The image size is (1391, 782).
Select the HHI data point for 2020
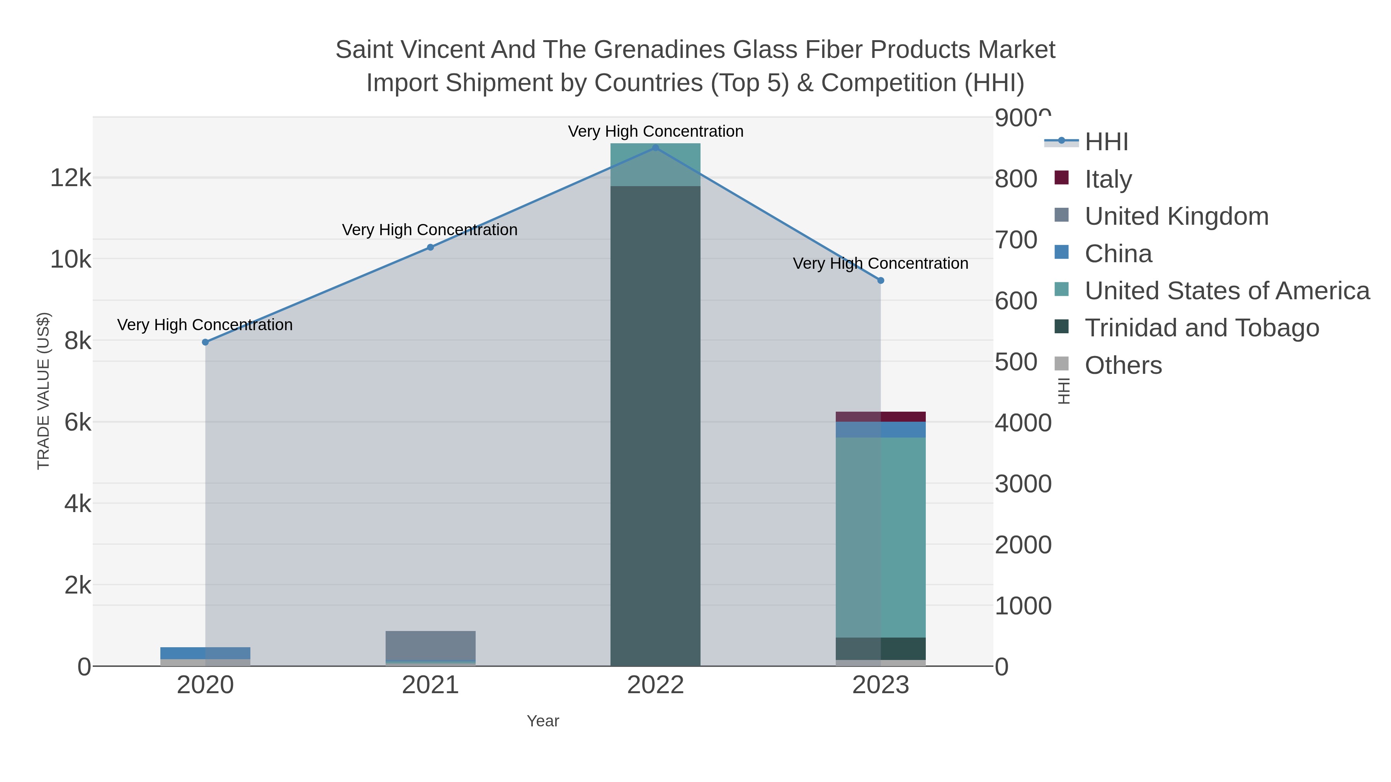[x=205, y=342]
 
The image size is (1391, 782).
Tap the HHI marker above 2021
[x=430, y=247]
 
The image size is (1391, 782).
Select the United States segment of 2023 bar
[x=881, y=537]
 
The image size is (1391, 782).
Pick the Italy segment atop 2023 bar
[x=881, y=417]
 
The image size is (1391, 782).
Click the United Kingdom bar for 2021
[x=430, y=645]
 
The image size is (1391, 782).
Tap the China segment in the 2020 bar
[x=205, y=653]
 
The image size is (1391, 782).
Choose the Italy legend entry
[x=1108, y=179]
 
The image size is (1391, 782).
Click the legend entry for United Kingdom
[x=1176, y=216]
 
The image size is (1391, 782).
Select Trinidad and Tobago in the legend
[x=1201, y=328]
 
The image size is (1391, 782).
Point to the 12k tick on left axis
[x=71, y=178]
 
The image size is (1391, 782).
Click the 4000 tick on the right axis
[x=1023, y=423]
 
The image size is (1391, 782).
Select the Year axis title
[x=543, y=721]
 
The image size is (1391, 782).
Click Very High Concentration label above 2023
[x=880, y=263]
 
